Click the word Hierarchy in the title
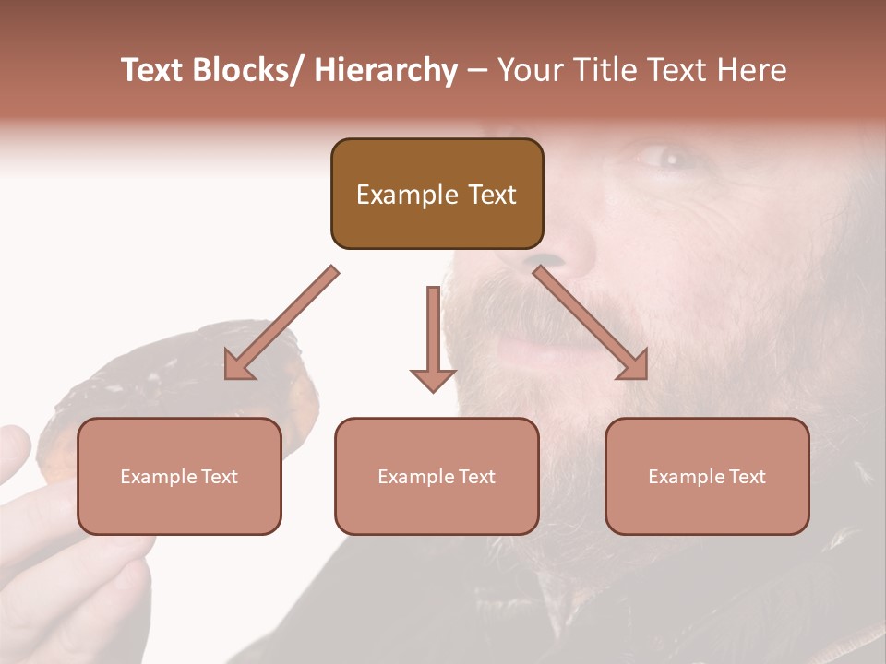(x=386, y=70)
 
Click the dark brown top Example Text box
(x=437, y=194)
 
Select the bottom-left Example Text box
(x=179, y=476)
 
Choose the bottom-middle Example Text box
(x=437, y=476)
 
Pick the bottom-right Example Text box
(x=707, y=476)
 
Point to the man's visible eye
(x=666, y=159)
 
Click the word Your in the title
(x=528, y=70)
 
